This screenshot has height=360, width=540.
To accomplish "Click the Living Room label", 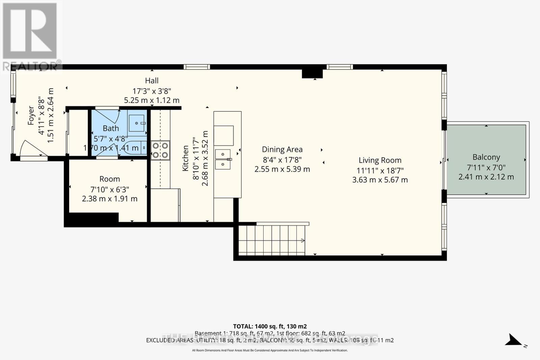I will [380, 160].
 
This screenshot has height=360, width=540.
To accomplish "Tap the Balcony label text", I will [486, 157].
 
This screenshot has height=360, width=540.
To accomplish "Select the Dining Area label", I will [282, 149].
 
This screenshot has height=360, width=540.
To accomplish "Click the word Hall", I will [152, 81].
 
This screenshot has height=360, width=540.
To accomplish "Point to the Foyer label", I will [31, 115].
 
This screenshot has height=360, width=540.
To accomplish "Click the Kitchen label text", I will [186, 158].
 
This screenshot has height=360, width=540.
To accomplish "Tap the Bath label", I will [111, 128].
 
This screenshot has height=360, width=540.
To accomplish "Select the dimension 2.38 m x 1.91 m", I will [110, 199].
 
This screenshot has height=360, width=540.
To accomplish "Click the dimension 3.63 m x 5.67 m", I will [380, 180].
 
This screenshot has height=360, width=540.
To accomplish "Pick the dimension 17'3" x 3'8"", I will [152, 91].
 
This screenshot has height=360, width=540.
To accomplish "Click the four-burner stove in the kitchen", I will [160, 150].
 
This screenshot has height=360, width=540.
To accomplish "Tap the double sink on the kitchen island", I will [223, 159].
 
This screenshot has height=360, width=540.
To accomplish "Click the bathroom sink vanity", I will [137, 123].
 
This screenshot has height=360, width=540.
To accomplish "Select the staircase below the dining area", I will [272, 240].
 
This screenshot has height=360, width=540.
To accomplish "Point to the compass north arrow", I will [514, 340].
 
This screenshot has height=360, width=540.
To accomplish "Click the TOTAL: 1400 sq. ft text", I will [270, 326].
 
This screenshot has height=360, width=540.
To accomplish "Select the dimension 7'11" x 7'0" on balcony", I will [486, 167].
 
